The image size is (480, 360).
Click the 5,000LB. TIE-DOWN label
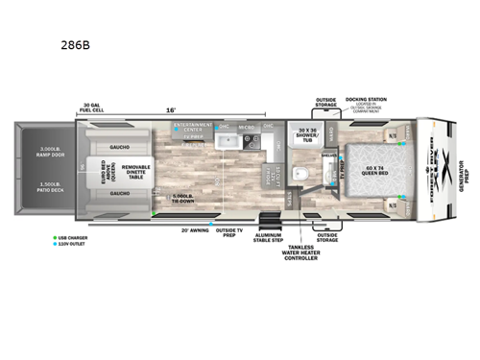pyautogui.click(x=183, y=202)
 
